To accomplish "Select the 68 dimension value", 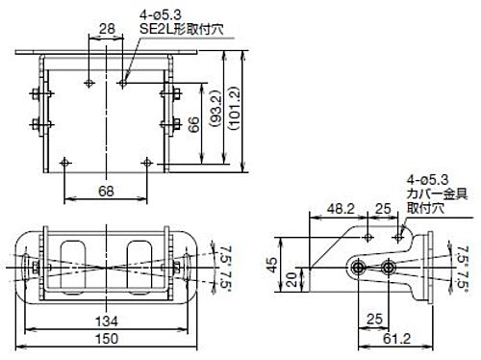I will click(105, 192).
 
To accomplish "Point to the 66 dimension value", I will click(195, 125).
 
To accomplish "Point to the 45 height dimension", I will click(272, 265).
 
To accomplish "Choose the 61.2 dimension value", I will click(392, 340).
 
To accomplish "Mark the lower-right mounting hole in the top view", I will click(146, 161).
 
